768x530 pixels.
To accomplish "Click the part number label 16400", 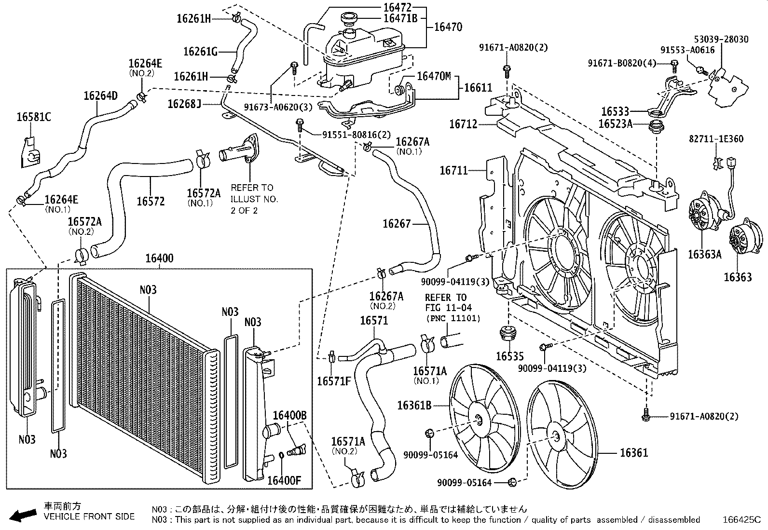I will click(x=160, y=258).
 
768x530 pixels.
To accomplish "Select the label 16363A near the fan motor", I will click(x=704, y=254).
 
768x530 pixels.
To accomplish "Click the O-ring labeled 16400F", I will click(x=282, y=456).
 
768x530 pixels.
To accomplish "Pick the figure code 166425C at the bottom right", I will click(x=741, y=520).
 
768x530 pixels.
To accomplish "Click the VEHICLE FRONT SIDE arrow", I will click(x=23, y=516).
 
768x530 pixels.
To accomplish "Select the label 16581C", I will click(x=34, y=116).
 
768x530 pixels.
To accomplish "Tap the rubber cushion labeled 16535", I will click(x=507, y=333).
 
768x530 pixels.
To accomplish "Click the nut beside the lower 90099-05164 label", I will click(x=513, y=481).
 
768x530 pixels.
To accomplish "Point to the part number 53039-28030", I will click(x=721, y=39).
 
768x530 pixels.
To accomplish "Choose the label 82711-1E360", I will click(x=716, y=139).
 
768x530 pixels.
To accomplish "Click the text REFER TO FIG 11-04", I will click(x=446, y=302).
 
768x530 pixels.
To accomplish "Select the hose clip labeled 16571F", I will click(x=332, y=357).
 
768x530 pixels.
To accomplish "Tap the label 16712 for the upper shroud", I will click(x=463, y=124).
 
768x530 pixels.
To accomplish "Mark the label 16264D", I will click(x=100, y=95).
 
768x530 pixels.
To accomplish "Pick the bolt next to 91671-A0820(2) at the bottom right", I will click(x=646, y=414).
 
